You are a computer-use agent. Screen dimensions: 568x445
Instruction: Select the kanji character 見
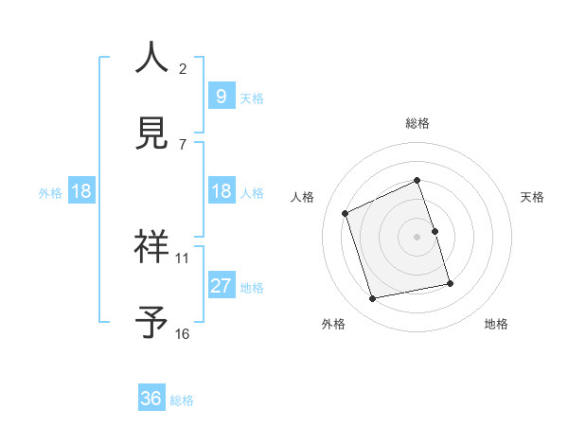point(151,133)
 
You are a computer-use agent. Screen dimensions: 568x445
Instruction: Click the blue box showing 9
point(221,96)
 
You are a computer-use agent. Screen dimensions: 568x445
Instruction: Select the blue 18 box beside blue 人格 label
point(221,191)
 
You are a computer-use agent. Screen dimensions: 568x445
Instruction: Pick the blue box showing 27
point(221,286)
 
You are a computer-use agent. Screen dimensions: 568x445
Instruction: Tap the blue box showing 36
point(151,399)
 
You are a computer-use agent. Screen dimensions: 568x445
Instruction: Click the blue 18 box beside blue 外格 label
point(81,191)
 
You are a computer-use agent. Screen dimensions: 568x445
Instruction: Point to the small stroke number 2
point(183,68)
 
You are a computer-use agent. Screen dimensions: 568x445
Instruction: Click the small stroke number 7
point(183,144)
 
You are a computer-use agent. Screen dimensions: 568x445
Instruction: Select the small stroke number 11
point(183,258)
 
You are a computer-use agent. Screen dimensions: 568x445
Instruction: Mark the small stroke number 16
point(183,333)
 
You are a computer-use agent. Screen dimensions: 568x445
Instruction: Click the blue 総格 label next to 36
point(182,400)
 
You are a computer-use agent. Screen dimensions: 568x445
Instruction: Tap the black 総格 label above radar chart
point(417,123)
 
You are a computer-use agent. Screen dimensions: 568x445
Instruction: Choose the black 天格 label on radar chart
point(533,197)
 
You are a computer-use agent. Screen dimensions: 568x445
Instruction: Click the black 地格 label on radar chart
point(496,324)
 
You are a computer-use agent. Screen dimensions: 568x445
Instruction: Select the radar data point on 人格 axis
point(346,213)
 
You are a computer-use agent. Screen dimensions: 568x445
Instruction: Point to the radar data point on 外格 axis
point(373,299)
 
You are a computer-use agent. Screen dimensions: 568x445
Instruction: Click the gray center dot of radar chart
point(417,237)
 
